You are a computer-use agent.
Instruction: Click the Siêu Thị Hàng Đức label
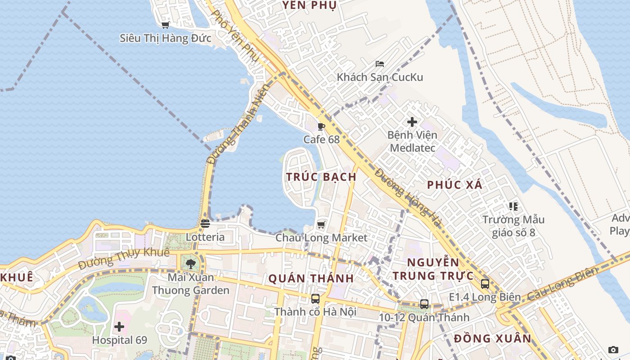165,38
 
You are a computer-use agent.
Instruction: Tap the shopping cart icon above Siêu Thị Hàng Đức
165,25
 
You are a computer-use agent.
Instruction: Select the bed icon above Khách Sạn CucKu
380,64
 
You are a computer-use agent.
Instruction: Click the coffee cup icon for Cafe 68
321,126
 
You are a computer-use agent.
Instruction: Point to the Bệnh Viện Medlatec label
412,141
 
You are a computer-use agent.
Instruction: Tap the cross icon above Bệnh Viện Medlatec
412,122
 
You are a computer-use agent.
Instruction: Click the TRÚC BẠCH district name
321,177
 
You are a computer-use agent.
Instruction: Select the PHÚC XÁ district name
454,184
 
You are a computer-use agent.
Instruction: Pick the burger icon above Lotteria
205,224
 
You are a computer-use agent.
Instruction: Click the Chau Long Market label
321,238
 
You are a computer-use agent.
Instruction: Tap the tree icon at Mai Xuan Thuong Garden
190,264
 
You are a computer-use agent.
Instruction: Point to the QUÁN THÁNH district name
311,279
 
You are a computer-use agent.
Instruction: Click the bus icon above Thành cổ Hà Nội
315,298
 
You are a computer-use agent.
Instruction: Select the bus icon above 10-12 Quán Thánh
424,304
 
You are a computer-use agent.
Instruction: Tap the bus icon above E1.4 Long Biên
485,284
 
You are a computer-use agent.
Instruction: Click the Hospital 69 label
119,340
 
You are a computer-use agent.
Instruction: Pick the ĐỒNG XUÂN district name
492,338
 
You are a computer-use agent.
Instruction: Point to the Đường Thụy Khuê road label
124,259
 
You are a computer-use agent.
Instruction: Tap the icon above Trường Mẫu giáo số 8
513,207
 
